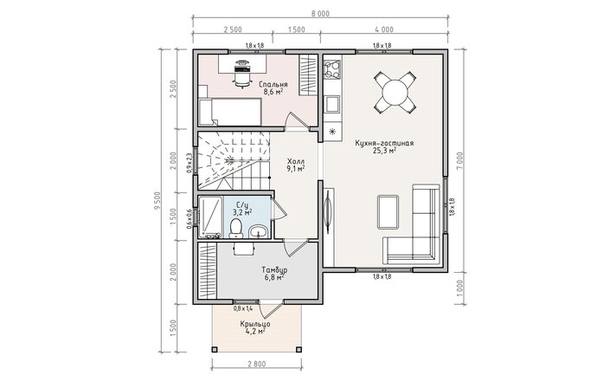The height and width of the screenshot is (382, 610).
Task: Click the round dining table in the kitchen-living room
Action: tap(395, 93)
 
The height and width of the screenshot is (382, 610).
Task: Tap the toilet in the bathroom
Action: tap(235, 228)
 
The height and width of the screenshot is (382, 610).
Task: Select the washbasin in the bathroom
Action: tap(258, 231)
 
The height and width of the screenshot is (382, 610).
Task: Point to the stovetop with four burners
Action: tap(332, 69)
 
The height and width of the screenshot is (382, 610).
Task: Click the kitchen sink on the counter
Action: tap(332, 104)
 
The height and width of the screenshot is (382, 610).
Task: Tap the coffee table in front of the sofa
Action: tap(388, 212)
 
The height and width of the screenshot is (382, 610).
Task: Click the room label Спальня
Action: tap(273, 85)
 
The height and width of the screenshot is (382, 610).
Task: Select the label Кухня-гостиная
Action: tap(384, 143)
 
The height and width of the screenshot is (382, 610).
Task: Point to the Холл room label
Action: tap(296, 161)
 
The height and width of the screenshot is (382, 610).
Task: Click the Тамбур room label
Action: tap(274, 270)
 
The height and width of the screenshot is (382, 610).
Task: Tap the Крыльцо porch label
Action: tap(255, 324)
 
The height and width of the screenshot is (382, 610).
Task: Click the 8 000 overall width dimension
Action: tap(320, 14)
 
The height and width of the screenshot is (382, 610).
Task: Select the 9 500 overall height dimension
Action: tap(157, 201)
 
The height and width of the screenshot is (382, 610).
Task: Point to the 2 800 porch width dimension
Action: tap(257, 365)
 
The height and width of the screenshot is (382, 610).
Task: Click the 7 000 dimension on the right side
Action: tap(460, 160)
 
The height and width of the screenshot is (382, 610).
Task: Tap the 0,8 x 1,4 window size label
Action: tap(243, 308)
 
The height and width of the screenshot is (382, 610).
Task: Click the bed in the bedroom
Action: tap(229, 112)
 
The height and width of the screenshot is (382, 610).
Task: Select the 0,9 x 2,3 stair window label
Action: tap(189, 163)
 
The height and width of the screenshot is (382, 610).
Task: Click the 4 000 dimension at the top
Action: tap(384, 29)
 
